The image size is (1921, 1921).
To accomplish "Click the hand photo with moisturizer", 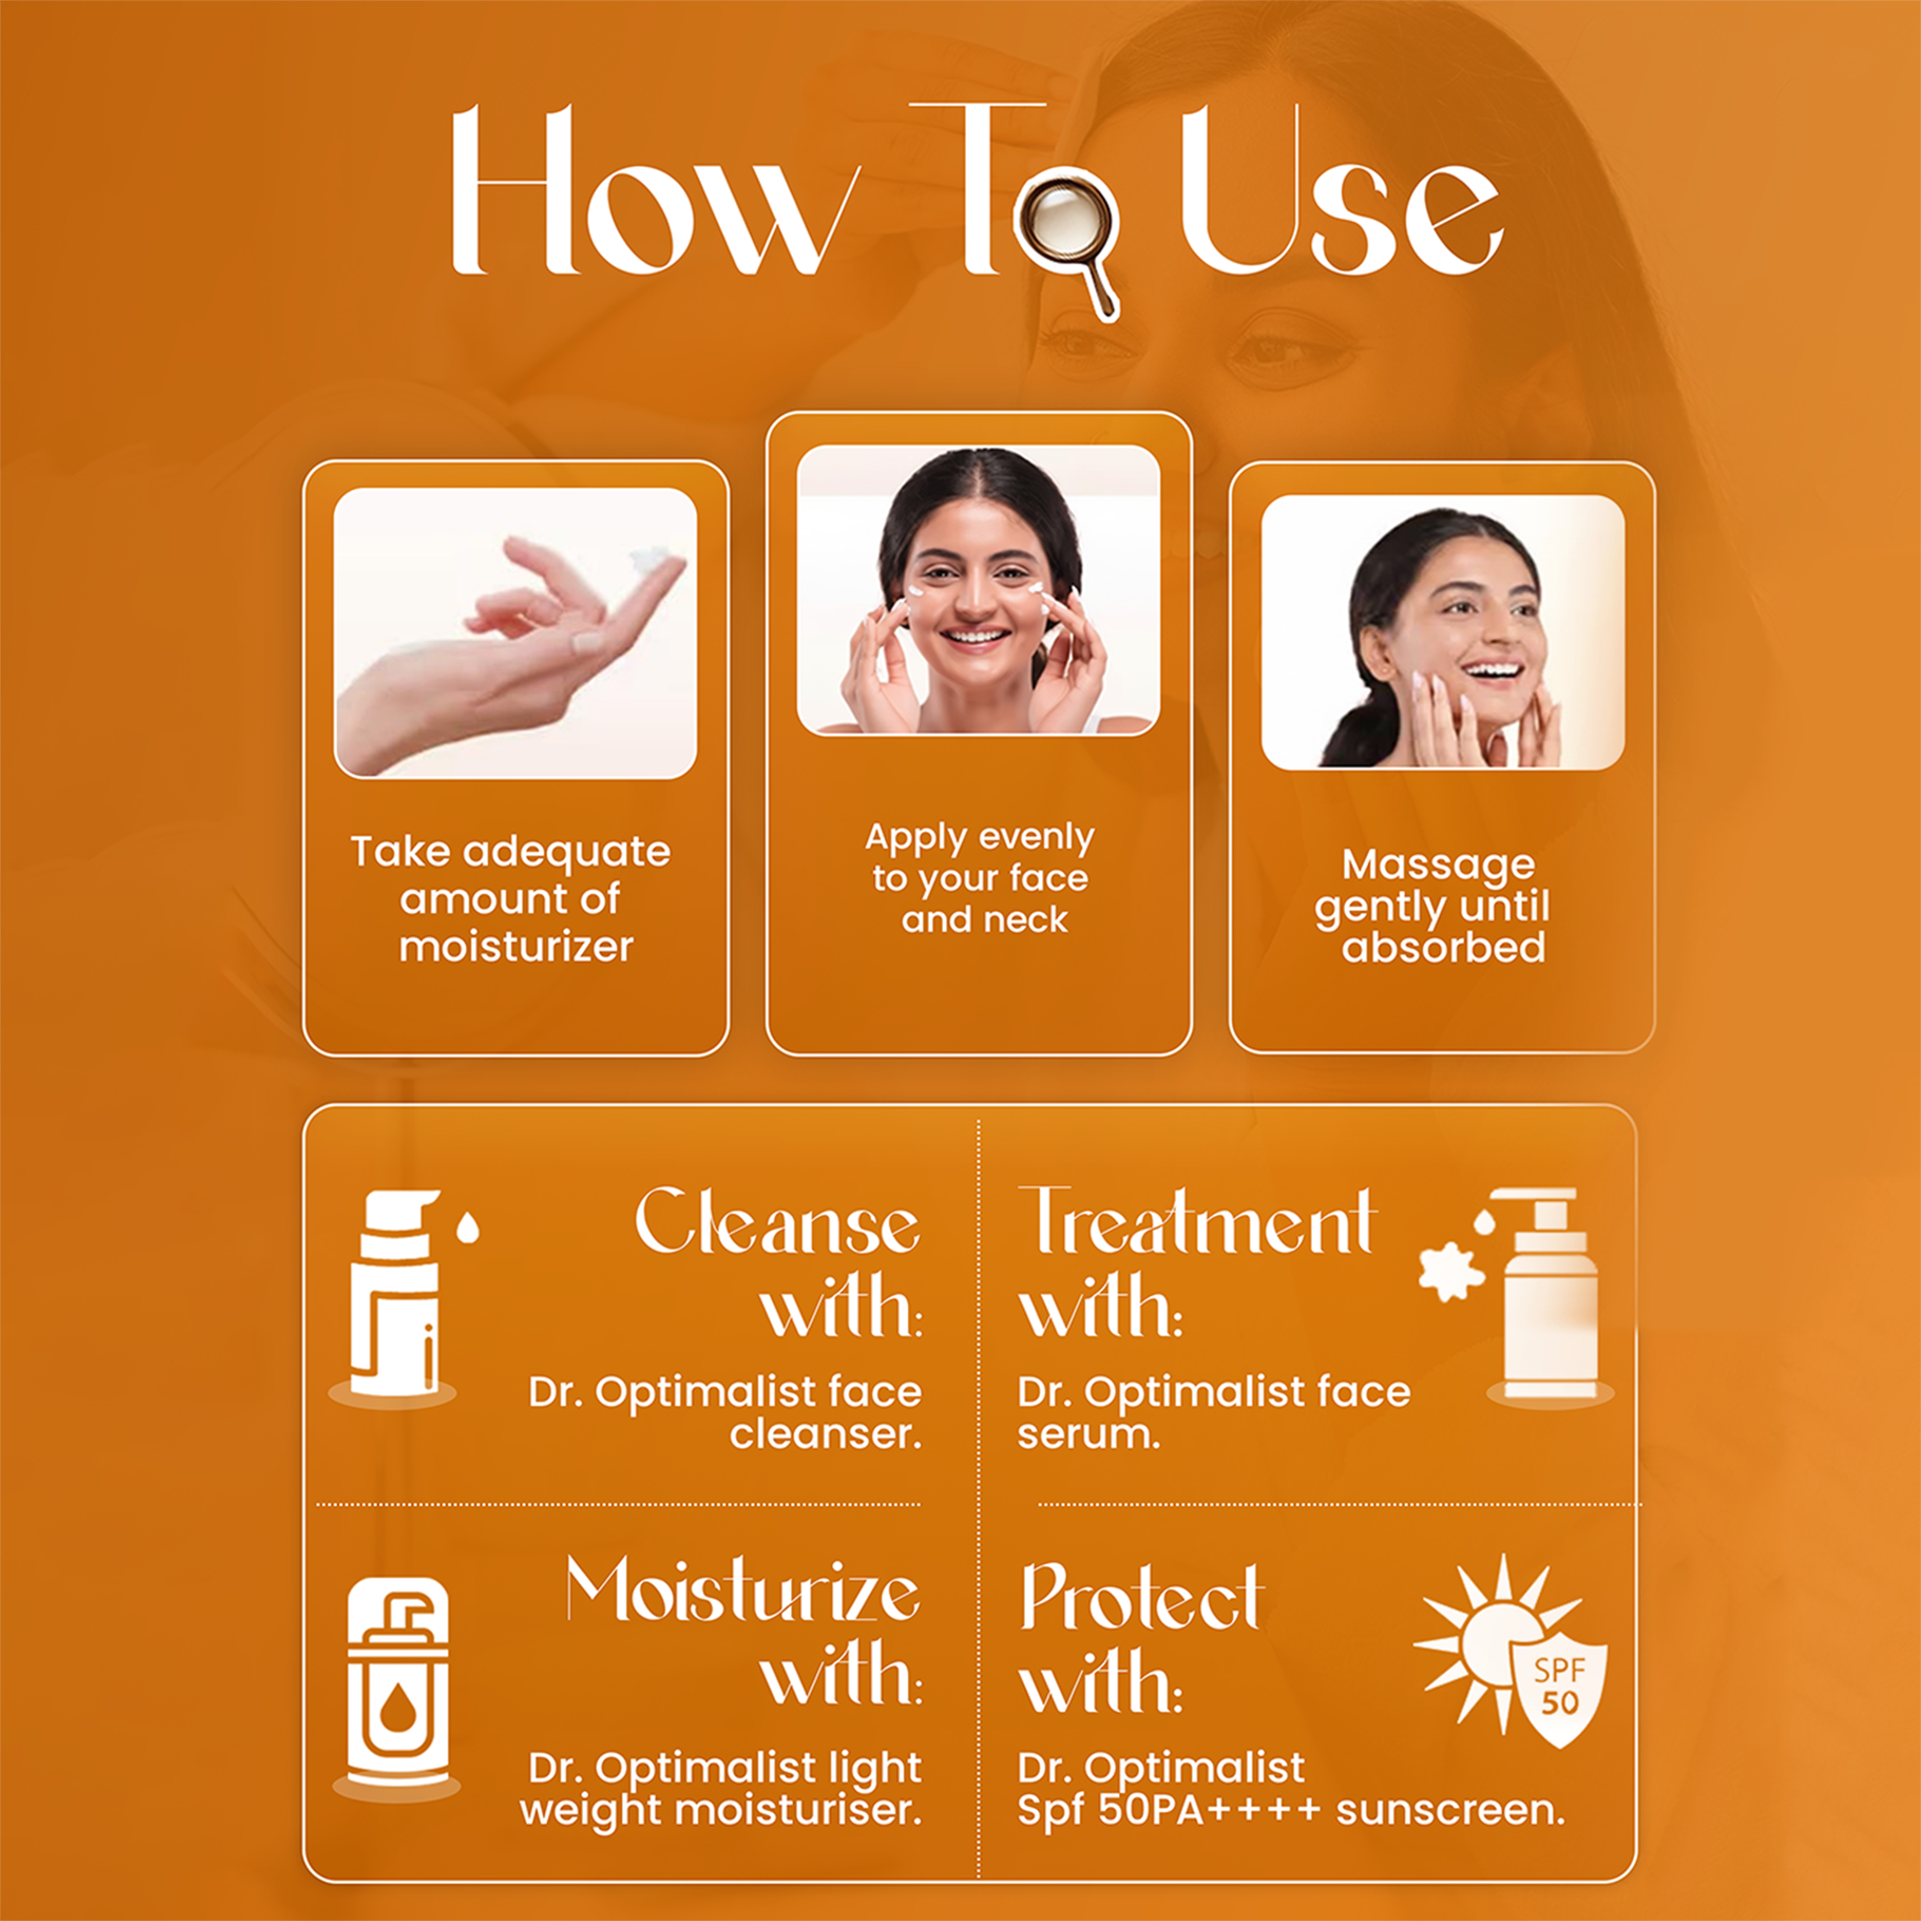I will click(515, 634).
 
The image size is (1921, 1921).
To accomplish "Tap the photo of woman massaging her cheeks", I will click(1442, 632).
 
